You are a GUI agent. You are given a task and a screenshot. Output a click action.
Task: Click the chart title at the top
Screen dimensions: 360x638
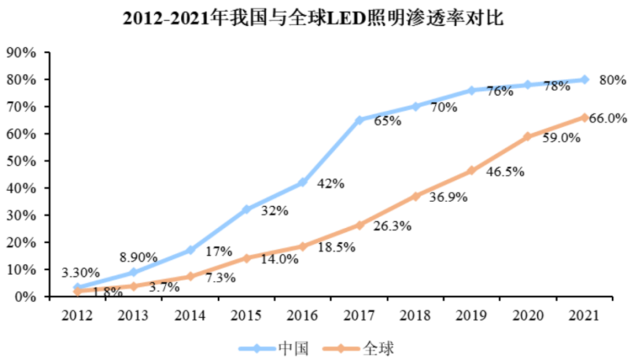[x=313, y=19]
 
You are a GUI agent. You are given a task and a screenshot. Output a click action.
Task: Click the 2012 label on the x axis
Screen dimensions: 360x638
[x=77, y=314]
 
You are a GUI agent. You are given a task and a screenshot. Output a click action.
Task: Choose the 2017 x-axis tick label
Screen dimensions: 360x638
[x=359, y=314]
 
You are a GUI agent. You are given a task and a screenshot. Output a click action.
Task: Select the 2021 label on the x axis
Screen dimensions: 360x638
[x=585, y=314]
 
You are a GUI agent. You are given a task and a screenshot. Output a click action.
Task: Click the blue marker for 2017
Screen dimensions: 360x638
[x=359, y=120]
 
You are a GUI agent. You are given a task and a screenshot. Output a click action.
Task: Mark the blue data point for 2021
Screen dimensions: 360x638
[x=585, y=80]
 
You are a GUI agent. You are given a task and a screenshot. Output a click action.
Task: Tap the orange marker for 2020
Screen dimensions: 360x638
[x=528, y=137]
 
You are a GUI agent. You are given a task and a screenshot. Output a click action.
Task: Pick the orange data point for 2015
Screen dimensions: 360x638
[x=247, y=258]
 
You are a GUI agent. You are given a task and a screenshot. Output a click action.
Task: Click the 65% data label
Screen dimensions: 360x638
[x=388, y=122]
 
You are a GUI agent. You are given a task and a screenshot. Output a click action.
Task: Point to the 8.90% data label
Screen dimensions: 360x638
[x=138, y=257]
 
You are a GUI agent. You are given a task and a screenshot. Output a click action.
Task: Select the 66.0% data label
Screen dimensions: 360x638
[x=609, y=118]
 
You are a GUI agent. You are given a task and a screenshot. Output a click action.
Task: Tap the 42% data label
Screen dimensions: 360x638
[x=330, y=184]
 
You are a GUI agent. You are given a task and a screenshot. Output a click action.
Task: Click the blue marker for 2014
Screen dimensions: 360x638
[x=190, y=250]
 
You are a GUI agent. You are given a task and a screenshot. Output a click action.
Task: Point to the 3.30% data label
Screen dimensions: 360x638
[x=80, y=272]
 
